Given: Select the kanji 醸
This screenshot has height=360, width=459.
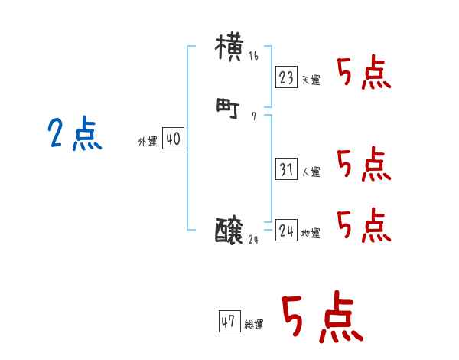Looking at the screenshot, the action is (x=230, y=230).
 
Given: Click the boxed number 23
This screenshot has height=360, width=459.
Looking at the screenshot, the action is (x=287, y=77).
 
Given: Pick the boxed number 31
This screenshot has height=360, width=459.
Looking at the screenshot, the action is (x=287, y=170).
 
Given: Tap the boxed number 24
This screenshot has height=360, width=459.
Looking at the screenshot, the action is (x=287, y=231).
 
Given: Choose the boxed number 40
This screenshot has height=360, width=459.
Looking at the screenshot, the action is (x=173, y=139).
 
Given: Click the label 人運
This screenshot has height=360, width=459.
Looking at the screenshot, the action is (x=310, y=172).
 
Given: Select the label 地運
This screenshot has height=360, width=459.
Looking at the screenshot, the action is (x=310, y=233).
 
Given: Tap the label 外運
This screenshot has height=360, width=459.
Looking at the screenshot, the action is (x=148, y=142).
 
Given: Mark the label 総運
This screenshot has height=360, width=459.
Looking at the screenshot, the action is (x=253, y=325).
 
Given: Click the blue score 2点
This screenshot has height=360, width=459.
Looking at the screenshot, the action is (x=75, y=135).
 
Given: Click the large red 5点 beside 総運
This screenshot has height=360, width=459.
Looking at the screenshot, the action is (x=321, y=318).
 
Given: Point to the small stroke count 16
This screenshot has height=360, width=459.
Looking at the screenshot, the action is (x=253, y=57).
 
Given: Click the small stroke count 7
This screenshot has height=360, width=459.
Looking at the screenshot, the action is (x=253, y=117).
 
